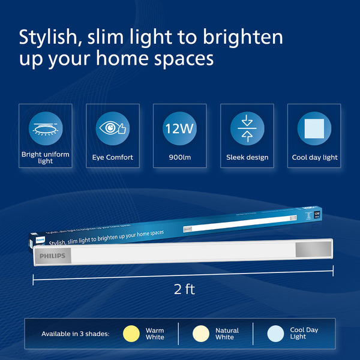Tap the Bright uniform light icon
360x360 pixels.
click(x=46, y=128)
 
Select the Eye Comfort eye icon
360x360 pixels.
click(x=113, y=128)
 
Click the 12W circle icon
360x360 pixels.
click(x=179, y=128)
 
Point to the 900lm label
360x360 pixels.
click(x=180, y=158)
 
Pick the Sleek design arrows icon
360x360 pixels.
click(x=247, y=128)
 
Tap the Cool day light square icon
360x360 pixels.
click(x=314, y=128)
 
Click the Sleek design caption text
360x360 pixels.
click(x=247, y=158)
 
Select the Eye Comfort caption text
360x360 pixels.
click(x=113, y=158)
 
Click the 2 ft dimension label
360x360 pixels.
click(x=184, y=289)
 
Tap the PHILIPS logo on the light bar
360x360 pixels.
click(x=53, y=256)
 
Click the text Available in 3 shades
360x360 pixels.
click(x=76, y=334)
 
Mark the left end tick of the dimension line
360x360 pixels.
click(x=33, y=279)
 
